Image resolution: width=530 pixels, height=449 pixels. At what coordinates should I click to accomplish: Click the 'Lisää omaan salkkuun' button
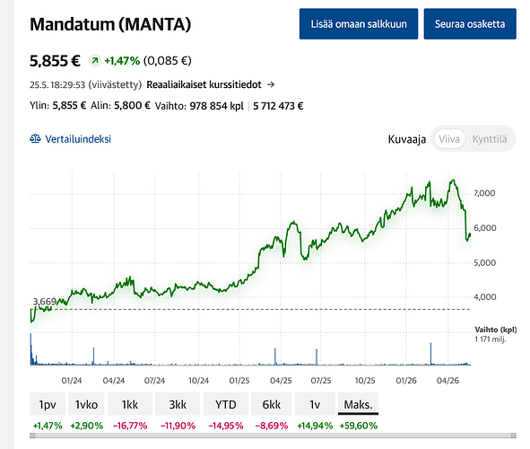pos(359,24)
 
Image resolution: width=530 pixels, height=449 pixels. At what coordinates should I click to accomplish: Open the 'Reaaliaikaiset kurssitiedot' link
pos(210,84)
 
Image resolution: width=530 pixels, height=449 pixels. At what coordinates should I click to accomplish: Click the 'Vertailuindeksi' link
pos(70,139)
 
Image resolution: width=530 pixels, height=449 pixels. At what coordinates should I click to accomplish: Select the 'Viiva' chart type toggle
pos(449,139)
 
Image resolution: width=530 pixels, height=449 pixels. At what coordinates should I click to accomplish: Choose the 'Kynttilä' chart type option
pos(490,139)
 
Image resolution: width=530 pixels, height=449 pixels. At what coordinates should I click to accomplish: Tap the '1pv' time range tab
pos(48,404)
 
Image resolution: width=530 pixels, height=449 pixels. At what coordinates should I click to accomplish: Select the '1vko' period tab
pos(86,404)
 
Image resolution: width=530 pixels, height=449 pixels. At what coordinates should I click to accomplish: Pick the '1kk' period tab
pos(130,404)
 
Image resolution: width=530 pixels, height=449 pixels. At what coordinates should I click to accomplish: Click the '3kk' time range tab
pos(178,404)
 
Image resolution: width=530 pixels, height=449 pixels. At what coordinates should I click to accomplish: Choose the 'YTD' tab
pos(226,404)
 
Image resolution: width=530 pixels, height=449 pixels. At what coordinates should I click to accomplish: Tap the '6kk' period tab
pos(272,404)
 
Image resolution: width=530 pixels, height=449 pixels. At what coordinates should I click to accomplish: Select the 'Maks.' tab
pos(359,404)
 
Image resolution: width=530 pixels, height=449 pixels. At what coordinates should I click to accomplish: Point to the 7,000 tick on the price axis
pos(484,193)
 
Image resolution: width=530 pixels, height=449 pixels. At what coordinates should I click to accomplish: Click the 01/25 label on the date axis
pos(239,381)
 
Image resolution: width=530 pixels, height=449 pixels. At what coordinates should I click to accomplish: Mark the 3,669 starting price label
pos(44,302)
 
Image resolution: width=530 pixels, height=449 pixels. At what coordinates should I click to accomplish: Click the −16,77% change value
pos(130,426)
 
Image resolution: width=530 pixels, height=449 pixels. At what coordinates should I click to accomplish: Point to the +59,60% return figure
pos(359,426)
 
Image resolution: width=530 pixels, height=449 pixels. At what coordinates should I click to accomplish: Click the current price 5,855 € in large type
pos(55,61)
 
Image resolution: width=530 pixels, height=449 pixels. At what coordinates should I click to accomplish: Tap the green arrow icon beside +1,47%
pos(95,61)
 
